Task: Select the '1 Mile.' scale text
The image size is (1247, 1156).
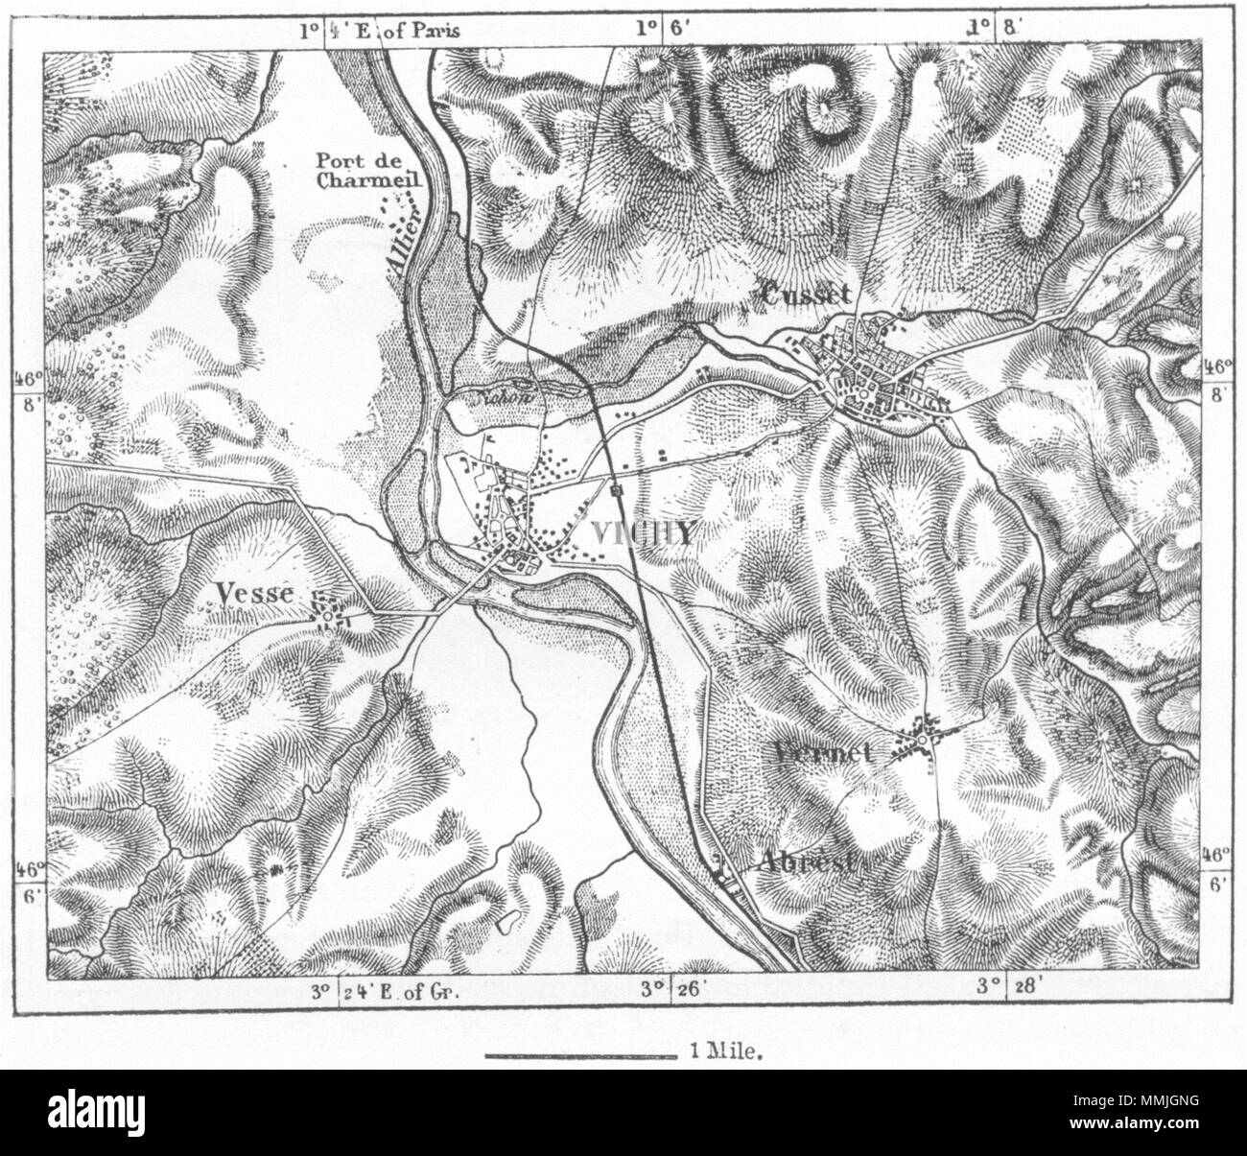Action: pyautogui.click(x=725, y=1050)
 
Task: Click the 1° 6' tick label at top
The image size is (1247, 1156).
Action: pyautogui.click(x=663, y=30)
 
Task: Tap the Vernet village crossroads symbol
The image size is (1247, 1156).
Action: pyautogui.click(x=926, y=741)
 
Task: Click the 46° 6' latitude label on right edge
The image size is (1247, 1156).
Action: pyautogui.click(x=1216, y=870)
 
